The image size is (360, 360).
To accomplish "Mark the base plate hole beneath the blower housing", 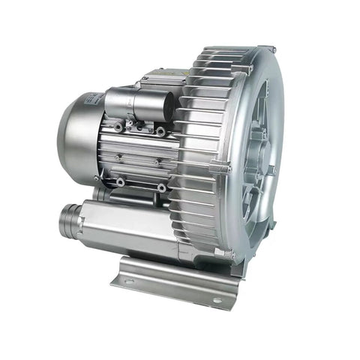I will (x=217, y=300).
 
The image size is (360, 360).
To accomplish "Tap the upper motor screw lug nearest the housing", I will (x=160, y=131).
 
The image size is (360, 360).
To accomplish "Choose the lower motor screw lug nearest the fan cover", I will (x=121, y=181).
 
